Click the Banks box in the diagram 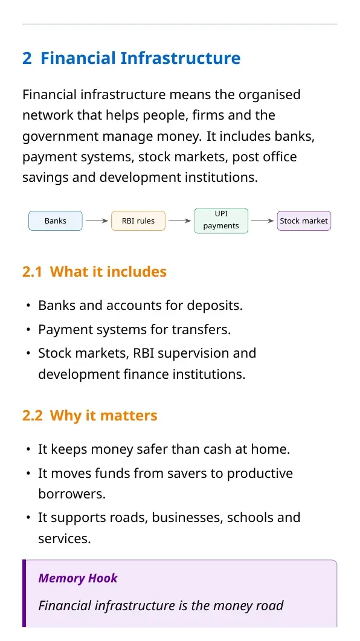tap(55, 221)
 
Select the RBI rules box tap(138, 221)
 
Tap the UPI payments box tap(221, 221)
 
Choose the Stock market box tap(304, 221)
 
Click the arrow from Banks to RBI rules tap(97, 221)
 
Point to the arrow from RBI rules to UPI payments tap(180, 221)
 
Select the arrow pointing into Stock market tap(262, 221)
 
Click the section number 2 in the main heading tap(27, 59)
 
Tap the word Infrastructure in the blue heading tap(180, 59)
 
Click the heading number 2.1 tap(32, 272)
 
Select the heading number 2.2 tap(32, 416)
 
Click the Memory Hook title tap(78, 578)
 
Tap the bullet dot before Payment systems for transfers tap(28, 329)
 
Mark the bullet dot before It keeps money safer tap(28, 449)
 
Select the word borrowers tap(72, 494)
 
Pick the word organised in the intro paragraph tap(269, 95)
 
